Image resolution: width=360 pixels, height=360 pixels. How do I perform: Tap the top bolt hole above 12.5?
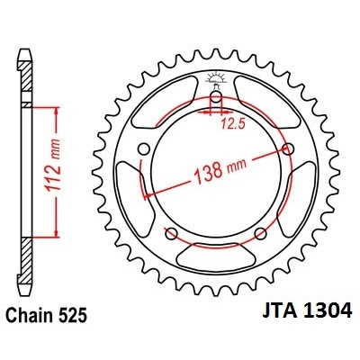217,99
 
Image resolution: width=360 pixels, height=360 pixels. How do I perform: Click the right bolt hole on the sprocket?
288,149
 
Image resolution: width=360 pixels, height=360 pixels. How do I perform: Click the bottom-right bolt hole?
261,234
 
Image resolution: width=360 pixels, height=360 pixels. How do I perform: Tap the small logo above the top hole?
217,79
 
